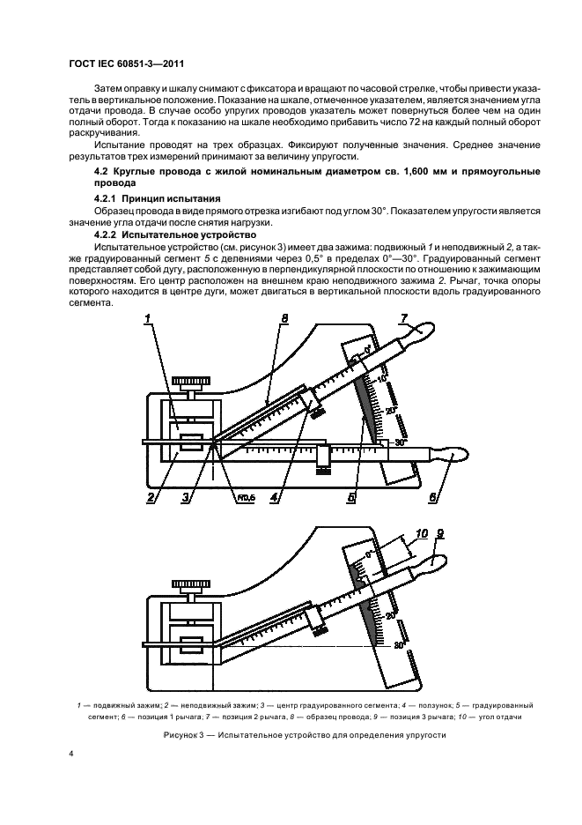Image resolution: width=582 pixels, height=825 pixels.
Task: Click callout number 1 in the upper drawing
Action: click(x=151, y=318)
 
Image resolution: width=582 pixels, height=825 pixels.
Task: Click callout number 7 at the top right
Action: click(x=405, y=318)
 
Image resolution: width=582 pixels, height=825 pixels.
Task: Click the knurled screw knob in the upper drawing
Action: click(x=191, y=382)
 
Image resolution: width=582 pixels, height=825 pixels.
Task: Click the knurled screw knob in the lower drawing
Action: click(x=191, y=583)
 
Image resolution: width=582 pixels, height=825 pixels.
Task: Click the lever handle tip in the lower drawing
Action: click(x=438, y=561)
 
